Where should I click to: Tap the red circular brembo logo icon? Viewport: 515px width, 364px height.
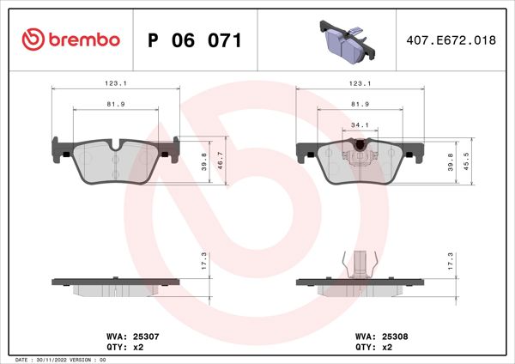[x=33, y=39]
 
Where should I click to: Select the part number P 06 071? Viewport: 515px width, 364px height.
[x=195, y=40]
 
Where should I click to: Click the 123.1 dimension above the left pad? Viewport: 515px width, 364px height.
[x=117, y=83]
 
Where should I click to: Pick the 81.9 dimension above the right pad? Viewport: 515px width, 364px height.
[x=360, y=104]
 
